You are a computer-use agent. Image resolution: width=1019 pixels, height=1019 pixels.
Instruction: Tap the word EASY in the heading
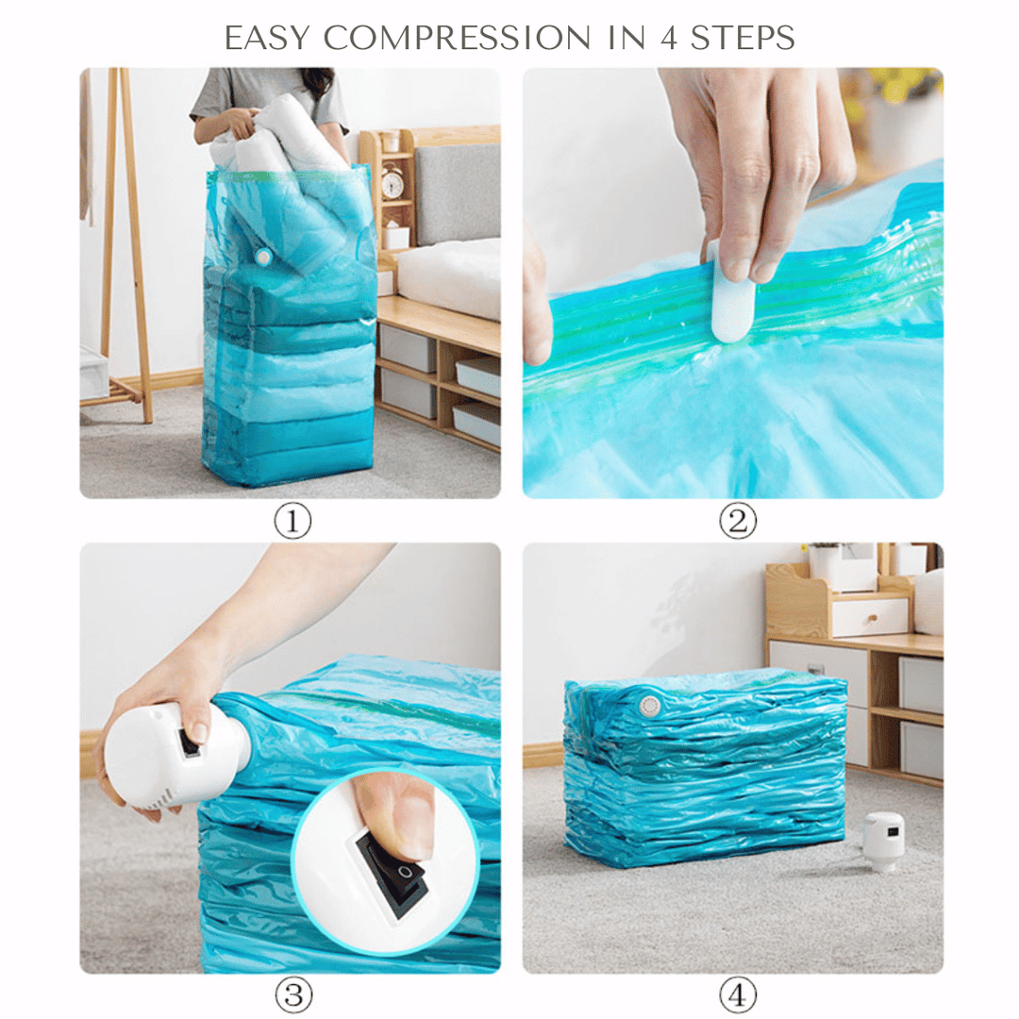[x=270, y=38]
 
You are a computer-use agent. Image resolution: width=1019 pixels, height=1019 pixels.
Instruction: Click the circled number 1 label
[x=292, y=521]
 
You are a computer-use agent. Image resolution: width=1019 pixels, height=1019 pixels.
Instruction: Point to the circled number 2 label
[x=737, y=521]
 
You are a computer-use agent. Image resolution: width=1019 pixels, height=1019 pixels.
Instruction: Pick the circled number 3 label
[x=292, y=994]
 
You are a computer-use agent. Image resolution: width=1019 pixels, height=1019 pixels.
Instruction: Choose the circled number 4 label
[x=737, y=994]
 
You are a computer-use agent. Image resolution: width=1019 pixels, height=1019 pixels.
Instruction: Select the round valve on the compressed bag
[x=648, y=704]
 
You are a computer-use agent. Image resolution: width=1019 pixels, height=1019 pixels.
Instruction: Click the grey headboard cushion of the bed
[x=457, y=193]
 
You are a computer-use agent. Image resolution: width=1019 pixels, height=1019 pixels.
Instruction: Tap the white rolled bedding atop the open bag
[x=274, y=142]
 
